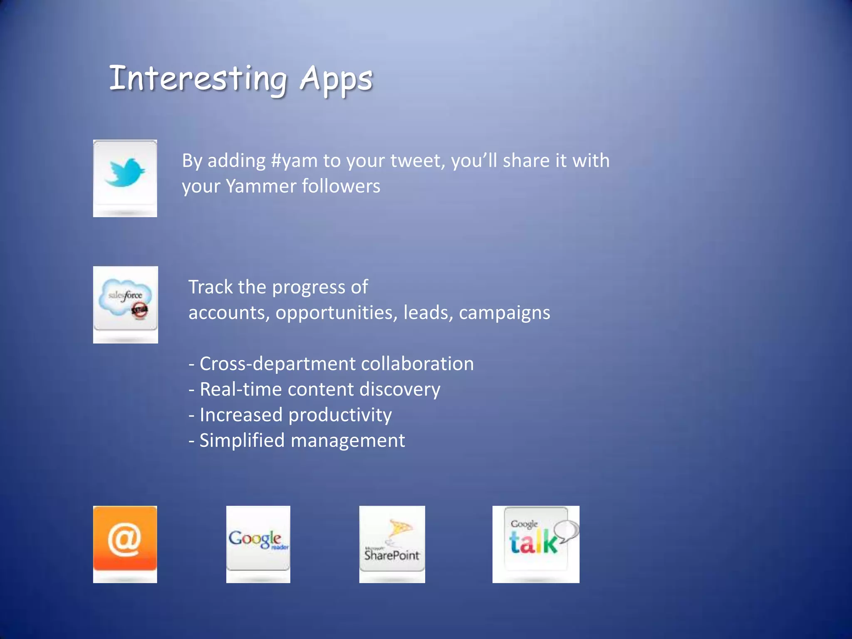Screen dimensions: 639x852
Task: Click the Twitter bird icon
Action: click(125, 173)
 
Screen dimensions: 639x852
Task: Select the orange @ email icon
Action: click(125, 539)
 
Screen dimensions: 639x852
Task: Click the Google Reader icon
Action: click(258, 539)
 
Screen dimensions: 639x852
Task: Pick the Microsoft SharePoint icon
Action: click(392, 541)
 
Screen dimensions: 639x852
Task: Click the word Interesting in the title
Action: click(198, 79)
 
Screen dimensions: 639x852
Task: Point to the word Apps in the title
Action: click(336, 80)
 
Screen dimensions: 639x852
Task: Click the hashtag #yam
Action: click(294, 161)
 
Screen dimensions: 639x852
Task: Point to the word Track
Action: click(210, 287)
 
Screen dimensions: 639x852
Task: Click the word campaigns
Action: click(504, 313)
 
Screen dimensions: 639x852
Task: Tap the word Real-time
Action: click(241, 389)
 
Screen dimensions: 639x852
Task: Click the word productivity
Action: click(340, 415)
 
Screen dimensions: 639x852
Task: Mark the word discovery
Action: click(400, 389)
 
